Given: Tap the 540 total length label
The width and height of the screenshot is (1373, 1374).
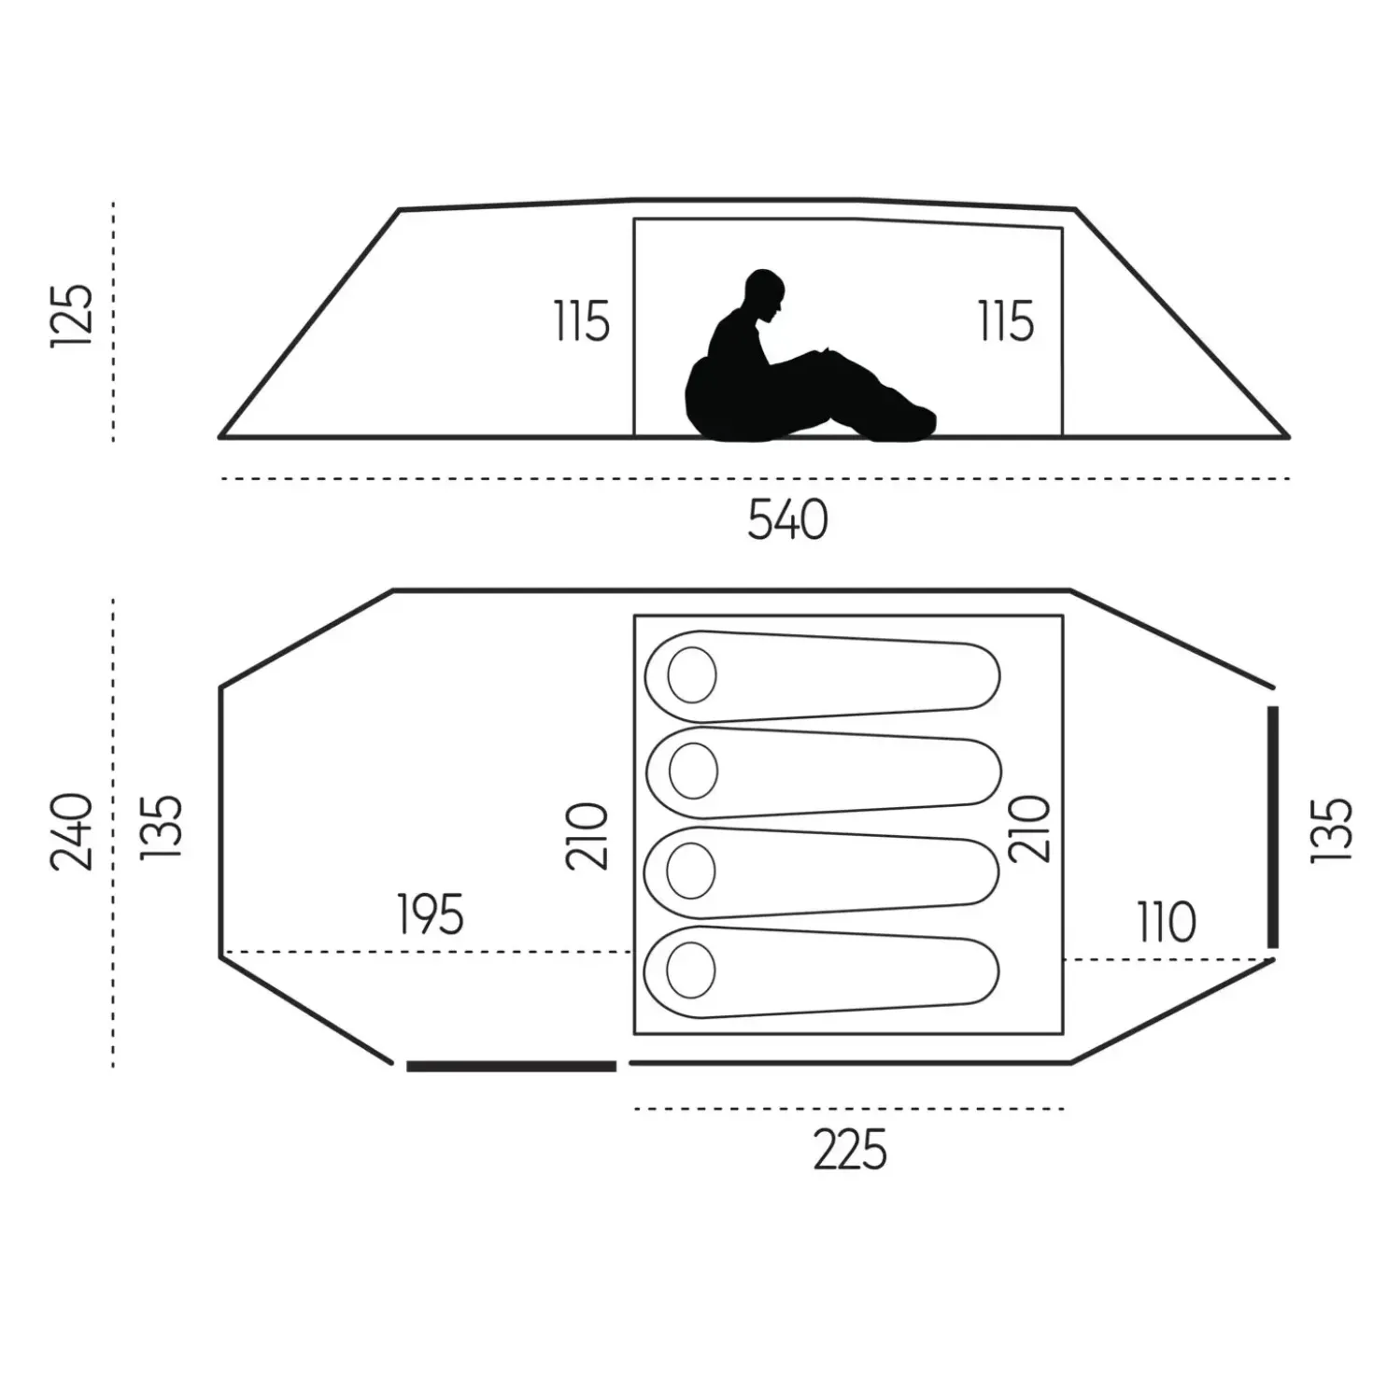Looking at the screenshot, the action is [x=787, y=519].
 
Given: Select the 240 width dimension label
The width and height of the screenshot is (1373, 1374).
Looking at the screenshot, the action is [x=72, y=831].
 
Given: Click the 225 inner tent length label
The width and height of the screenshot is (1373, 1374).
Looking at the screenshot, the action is [x=849, y=1149].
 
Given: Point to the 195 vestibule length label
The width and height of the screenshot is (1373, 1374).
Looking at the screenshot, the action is [x=430, y=914].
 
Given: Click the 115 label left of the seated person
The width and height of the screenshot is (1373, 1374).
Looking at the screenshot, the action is [x=582, y=321].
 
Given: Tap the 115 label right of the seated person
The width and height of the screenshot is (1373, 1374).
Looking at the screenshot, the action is [x=1006, y=320].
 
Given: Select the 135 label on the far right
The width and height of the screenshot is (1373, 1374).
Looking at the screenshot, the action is [x=1331, y=830].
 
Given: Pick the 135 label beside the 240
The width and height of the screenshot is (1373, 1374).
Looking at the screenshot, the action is [x=162, y=827].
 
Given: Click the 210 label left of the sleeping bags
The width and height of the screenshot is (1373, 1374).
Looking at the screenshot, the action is [x=587, y=836].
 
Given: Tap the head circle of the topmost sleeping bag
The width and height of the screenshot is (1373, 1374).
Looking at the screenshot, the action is [x=692, y=674].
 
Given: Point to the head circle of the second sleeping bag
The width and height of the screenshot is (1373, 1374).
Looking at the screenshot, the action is [x=693, y=771].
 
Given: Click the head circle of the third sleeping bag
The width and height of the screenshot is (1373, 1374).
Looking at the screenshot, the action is [x=690, y=871].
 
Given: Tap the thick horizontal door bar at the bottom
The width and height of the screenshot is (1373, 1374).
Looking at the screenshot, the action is [x=512, y=1086].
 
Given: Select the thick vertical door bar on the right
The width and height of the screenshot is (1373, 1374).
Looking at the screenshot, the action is [x=1272, y=827].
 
